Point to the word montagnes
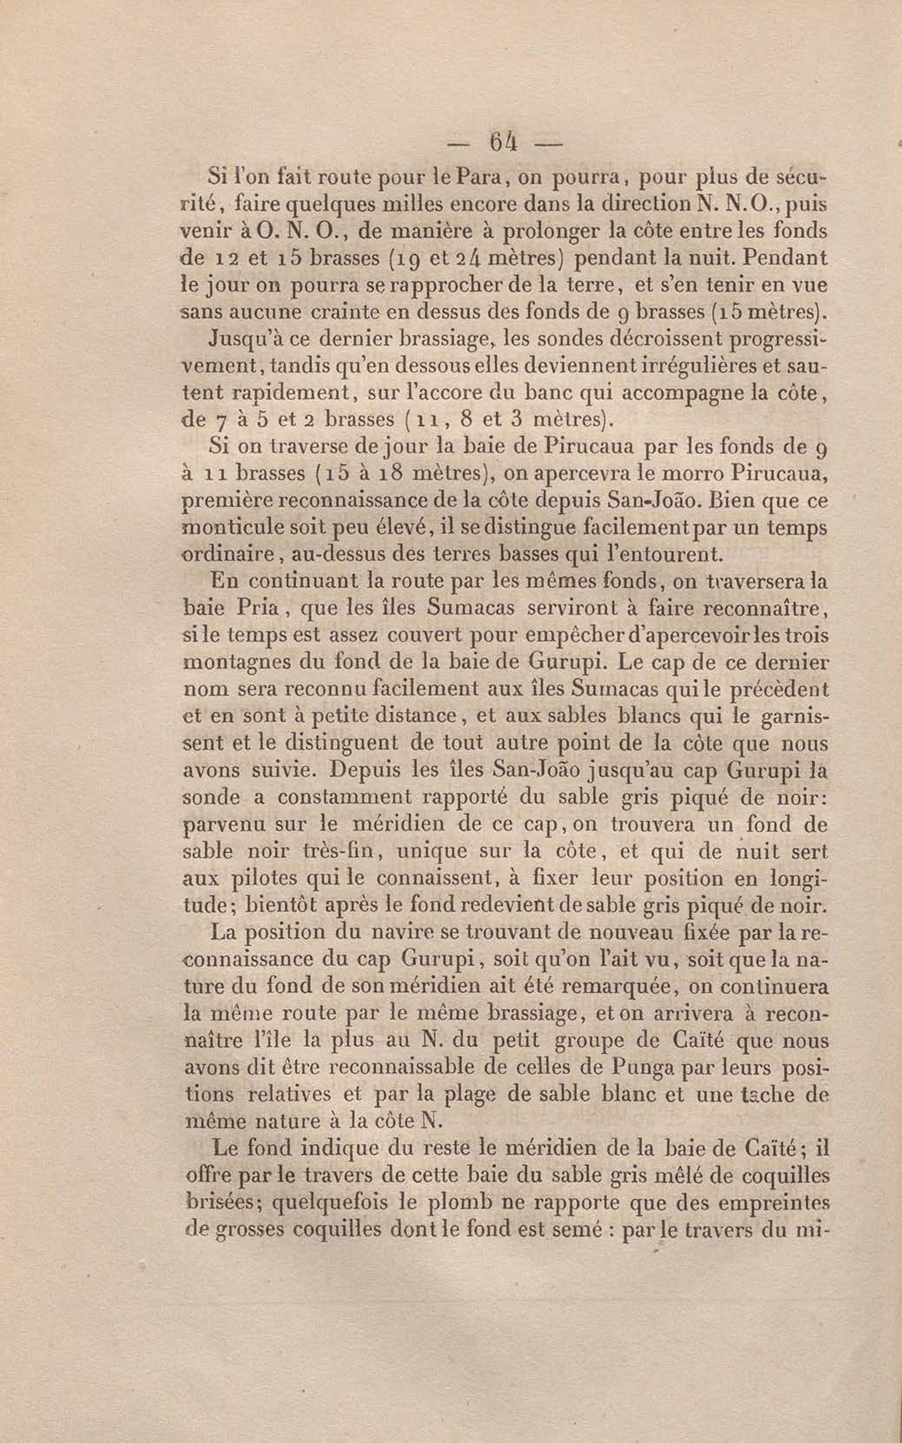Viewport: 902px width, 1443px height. click(230, 662)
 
